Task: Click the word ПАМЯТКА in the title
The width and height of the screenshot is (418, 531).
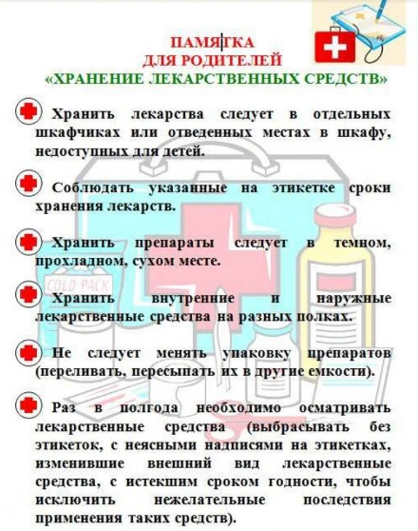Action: [212, 43]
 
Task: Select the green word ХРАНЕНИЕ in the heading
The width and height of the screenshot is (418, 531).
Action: [99, 79]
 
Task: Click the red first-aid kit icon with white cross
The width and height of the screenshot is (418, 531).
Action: [334, 47]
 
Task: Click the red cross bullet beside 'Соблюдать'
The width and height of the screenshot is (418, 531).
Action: [28, 184]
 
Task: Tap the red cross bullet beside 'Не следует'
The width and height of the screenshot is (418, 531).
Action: [28, 353]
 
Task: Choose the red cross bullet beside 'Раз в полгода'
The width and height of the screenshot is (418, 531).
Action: [28, 404]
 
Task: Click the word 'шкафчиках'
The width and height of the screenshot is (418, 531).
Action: [78, 132]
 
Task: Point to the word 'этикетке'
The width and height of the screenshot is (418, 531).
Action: [303, 188]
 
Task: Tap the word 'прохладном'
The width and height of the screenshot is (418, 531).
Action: [81, 262]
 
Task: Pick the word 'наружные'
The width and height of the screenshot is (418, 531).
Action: [353, 299]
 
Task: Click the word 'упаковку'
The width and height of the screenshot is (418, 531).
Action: [256, 354]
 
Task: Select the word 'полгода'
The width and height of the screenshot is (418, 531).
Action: [149, 407]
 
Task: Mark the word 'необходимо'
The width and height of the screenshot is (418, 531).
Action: [238, 407]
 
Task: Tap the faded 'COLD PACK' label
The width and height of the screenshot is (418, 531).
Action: [79, 286]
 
